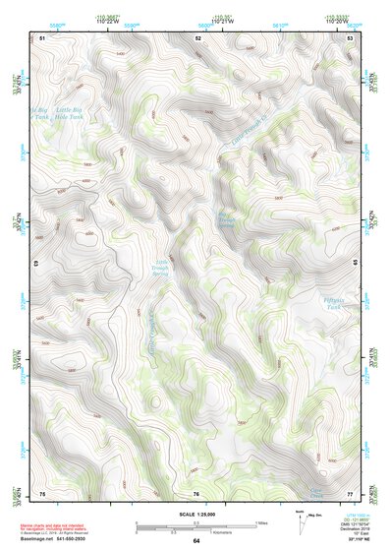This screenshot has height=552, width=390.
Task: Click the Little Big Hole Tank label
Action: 62,113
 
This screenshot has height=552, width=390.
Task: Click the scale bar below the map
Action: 195,523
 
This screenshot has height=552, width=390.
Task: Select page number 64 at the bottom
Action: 195,541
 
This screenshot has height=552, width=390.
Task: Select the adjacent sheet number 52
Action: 197,36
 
